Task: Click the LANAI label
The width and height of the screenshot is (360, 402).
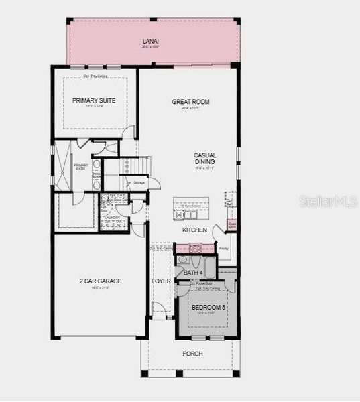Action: coord(150,42)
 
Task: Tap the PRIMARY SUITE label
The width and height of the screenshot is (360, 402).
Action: coord(94,100)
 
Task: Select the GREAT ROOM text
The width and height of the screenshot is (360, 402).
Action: coord(190,102)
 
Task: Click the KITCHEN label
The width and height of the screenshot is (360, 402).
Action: coord(194,230)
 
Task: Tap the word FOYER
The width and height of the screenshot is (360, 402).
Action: coord(161,281)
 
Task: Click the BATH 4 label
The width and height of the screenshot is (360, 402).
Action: coord(192,273)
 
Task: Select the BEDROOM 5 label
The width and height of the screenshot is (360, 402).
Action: coord(208,308)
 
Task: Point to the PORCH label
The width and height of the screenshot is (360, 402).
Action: coord(192,354)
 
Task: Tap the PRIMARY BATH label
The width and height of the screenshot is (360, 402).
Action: coord(81,167)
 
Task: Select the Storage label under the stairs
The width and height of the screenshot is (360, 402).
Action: coord(139,182)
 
